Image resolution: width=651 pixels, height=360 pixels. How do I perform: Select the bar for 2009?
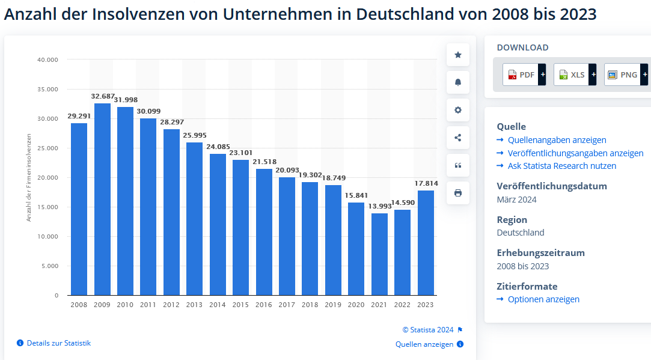pyautogui.click(x=102, y=199)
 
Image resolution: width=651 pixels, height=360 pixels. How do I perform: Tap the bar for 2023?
pyautogui.click(x=426, y=243)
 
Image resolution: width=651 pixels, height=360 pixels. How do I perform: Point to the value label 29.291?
pyautogui.click(x=79, y=116)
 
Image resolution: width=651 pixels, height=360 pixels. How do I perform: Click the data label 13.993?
pyautogui.click(x=379, y=206)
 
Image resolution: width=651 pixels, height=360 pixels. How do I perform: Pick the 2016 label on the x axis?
pyautogui.click(x=264, y=305)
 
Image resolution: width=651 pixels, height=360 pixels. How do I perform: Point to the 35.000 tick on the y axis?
pyautogui.click(x=47, y=90)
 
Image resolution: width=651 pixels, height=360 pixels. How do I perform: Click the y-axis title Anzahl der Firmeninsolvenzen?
pyautogui.click(x=29, y=178)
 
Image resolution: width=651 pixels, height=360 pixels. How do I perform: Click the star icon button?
pyautogui.click(x=458, y=55)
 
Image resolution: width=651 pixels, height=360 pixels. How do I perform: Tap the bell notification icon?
pyautogui.click(x=458, y=82)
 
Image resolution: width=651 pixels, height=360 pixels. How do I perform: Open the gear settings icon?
pyautogui.click(x=458, y=110)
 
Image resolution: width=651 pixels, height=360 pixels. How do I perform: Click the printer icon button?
pyautogui.click(x=458, y=193)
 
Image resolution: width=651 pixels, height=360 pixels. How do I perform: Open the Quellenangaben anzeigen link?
pyautogui.click(x=557, y=140)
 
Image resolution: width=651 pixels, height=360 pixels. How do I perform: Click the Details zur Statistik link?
pyautogui.click(x=58, y=343)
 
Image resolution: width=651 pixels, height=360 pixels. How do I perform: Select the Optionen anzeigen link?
pyautogui.click(x=543, y=299)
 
